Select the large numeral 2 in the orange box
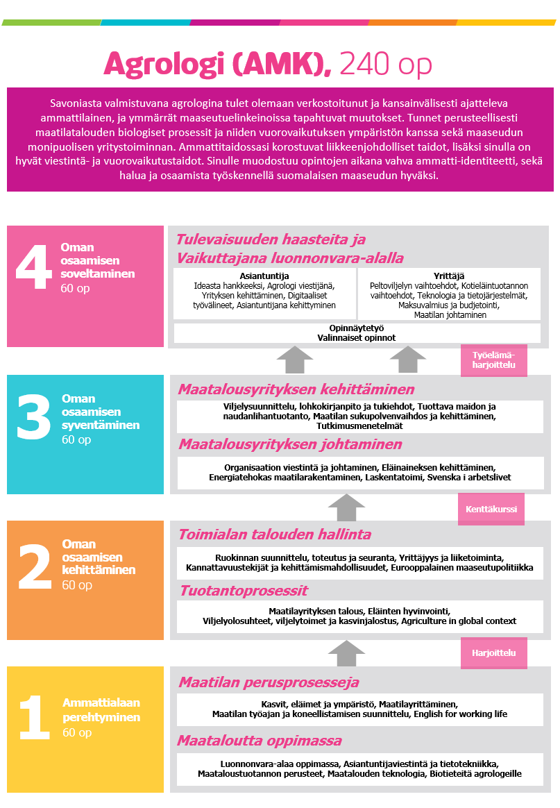[33, 564]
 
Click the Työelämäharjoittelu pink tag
[493, 360]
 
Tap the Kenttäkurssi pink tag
[491, 510]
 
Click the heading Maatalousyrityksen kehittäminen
[296, 389]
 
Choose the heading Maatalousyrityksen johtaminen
[290, 444]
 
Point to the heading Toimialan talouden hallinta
[275, 535]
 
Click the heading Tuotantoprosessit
[244, 591]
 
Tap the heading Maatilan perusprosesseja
[269, 682]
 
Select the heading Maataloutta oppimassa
[260, 740]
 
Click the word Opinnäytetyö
[357, 328]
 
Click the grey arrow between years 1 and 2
[346, 653]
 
